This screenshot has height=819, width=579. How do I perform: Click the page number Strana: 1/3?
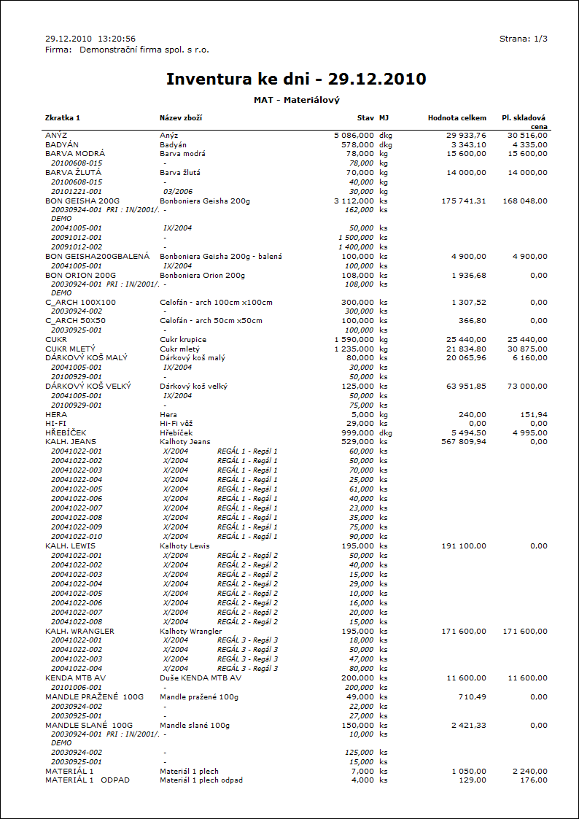tap(523, 39)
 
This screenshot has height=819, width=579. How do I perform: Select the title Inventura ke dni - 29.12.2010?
tap(296, 79)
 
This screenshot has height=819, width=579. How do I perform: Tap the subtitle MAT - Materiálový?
tap(297, 100)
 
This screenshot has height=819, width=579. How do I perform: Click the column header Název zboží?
tap(181, 117)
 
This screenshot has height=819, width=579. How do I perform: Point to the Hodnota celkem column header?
tap(456, 117)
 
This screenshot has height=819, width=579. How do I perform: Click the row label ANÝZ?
tap(56, 136)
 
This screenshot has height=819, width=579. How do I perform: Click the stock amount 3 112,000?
tap(354, 201)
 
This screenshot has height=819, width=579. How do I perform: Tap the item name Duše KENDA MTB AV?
tap(201, 678)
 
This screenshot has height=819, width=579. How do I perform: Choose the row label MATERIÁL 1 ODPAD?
tap(88, 780)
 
